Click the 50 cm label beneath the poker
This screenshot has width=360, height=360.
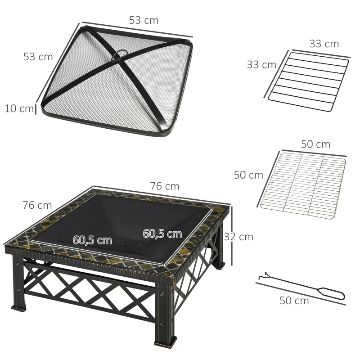coord(294,301)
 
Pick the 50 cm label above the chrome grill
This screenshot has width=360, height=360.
coord(315,144)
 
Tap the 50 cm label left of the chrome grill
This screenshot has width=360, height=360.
coord(248,175)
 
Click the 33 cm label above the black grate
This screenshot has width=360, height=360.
coord(324,44)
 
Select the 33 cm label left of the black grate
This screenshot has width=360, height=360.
coord(261,65)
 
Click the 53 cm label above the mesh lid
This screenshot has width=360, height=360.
coord(144,20)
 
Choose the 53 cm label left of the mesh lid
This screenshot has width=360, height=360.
coord(38,57)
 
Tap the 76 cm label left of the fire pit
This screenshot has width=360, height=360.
coord(37,205)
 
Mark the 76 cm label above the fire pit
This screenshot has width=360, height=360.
coord(165,186)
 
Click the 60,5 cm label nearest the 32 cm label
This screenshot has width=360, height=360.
coord(162,234)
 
